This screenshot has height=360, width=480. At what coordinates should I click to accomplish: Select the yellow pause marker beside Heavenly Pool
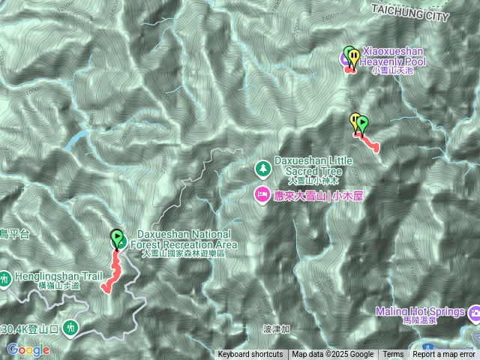click(x=348, y=54)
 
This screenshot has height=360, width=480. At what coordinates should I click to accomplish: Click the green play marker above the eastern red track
click(x=363, y=121)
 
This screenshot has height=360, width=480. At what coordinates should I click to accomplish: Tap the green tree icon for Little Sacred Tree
click(x=262, y=166)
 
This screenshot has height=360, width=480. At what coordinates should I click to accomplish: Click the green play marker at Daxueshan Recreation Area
click(x=117, y=238)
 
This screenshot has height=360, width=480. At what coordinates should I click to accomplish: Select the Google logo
click(x=28, y=349)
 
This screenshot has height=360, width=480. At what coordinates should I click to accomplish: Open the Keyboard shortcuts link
click(x=250, y=355)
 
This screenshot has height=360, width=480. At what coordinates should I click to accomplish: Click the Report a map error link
click(x=444, y=355)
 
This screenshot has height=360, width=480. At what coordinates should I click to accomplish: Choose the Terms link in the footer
click(x=393, y=355)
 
